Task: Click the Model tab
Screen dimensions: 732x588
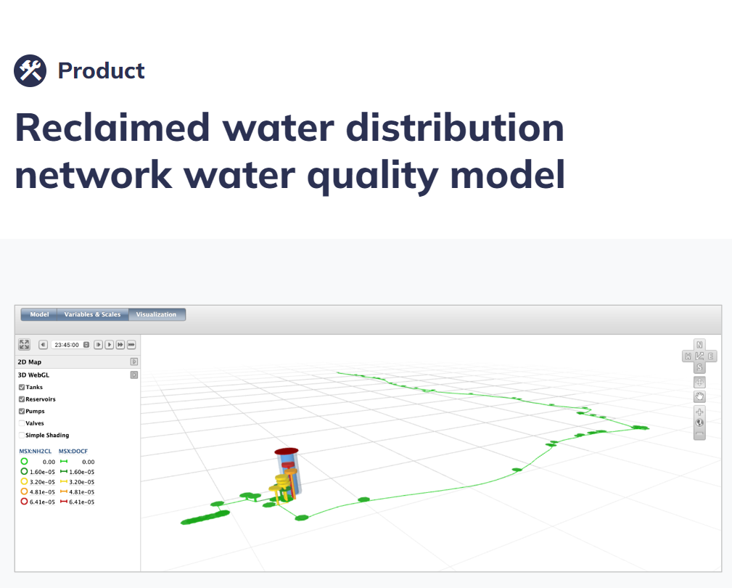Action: point(39,314)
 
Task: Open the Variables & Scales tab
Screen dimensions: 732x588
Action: point(92,314)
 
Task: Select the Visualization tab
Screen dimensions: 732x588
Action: point(157,314)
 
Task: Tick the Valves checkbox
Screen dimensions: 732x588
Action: point(22,423)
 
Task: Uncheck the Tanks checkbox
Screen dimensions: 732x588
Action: point(22,387)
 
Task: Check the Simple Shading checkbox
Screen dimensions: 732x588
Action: point(22,436)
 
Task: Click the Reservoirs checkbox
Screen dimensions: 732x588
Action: point(22,399)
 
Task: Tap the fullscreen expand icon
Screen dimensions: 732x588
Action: point(24,345)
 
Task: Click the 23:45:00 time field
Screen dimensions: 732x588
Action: point(67,345)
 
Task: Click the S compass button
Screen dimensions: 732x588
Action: point(699,367)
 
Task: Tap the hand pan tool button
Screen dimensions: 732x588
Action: point(699,397)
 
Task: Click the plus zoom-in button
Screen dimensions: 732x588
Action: point(699,412)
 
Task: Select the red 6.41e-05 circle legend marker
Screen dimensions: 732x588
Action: point(24,502)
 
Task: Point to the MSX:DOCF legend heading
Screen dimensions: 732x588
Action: point(73,451)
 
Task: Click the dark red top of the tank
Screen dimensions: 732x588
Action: point(286,451)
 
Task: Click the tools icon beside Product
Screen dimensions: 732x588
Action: point(30,71)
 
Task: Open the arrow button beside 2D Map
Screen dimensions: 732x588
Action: point(134,362)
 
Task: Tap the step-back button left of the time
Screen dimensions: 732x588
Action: point(43,345)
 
